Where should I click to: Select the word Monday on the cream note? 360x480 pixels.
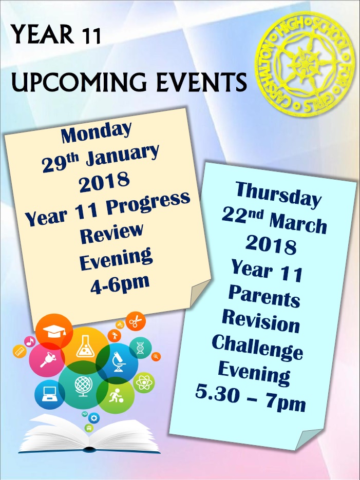click(96, 132)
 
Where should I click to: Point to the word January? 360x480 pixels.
click(122, 155)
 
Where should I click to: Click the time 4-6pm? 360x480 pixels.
click(120, 284)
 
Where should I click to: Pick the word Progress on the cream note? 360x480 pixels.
click(148, 203)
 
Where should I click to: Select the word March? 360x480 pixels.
click(298, 223)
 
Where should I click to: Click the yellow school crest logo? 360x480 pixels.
click(305, 64)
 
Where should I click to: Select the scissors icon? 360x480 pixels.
click(135, 321)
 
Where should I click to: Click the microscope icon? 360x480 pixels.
click(118, 362)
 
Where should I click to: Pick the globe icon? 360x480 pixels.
click(83, 386)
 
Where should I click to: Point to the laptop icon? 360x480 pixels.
click(49, 394)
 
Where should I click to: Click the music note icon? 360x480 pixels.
click(30, 341)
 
